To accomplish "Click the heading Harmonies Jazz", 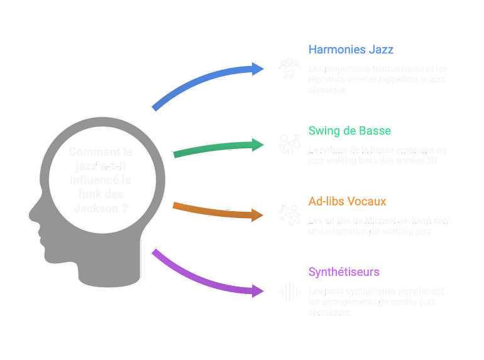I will [x=351, y=50].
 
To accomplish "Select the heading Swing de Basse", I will [x=349, y=131].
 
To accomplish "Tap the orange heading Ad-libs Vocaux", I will [x=347, y=202].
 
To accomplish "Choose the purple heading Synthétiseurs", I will [x=344, y=272].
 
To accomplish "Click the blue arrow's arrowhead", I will [x=258, y=68].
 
